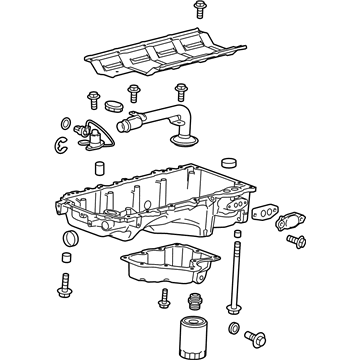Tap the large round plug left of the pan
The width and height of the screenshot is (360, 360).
pos(69,239)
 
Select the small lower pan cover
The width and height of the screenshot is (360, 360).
pos(171,264)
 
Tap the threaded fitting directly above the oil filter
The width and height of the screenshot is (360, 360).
pos(194,300)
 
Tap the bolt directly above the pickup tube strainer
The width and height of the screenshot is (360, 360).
pos(181,91)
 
